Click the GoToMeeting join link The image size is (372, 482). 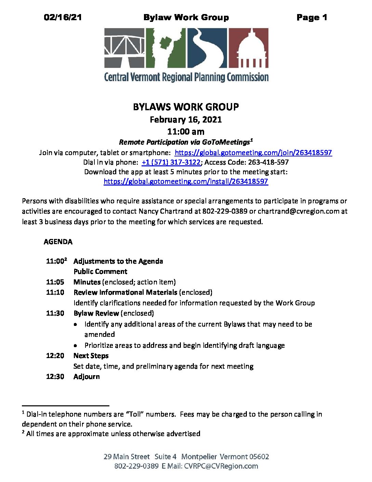click(253, 153)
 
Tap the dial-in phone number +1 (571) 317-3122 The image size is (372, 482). click(171, 162)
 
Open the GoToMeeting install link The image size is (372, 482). click(186, 181)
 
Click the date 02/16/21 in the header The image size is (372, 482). click(63, 17)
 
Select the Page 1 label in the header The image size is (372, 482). click(312, 17)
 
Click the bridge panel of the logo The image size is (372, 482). click(124, 48)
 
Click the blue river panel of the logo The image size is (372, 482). click(207, 48)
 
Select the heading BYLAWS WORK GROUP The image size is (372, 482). click(186, 107)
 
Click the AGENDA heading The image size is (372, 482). click(58, 242)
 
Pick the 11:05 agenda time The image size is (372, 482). click(55, 282)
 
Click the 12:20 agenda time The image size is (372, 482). click(55, 356)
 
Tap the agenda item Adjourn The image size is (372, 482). click(87, 377)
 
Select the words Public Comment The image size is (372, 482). click(100, 271)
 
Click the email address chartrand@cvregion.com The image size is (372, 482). click(298, 211)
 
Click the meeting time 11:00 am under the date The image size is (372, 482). click(186, 131)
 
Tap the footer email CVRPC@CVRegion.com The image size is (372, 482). click(221, 466)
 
